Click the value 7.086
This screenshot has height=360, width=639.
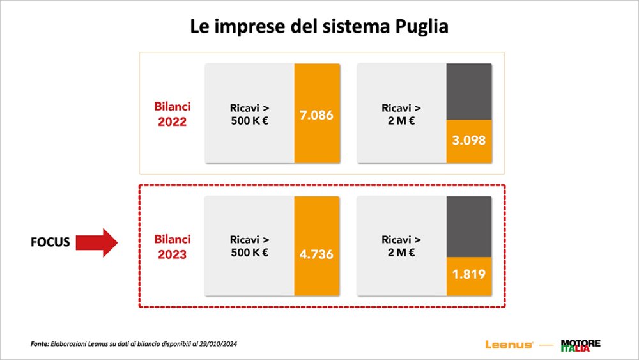point(316,116)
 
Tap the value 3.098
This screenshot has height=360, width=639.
point(468,140)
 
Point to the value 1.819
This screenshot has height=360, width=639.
point(468,274)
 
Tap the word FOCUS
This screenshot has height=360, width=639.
point(50,243)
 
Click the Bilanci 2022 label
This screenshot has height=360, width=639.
point(173,114)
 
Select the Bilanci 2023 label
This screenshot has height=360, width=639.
point(173,247)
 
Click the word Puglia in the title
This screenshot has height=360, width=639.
point(420,27)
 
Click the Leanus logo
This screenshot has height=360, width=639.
point(509,345)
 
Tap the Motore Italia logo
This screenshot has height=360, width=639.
point(580,345)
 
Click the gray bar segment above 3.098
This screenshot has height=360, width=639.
point(468,91)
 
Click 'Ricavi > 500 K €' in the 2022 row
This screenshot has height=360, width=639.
point(249,114)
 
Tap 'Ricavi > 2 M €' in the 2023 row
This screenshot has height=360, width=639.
point(401,246)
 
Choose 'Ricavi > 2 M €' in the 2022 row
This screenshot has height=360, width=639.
point(401,114)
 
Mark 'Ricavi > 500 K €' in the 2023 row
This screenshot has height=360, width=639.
point(249,246)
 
